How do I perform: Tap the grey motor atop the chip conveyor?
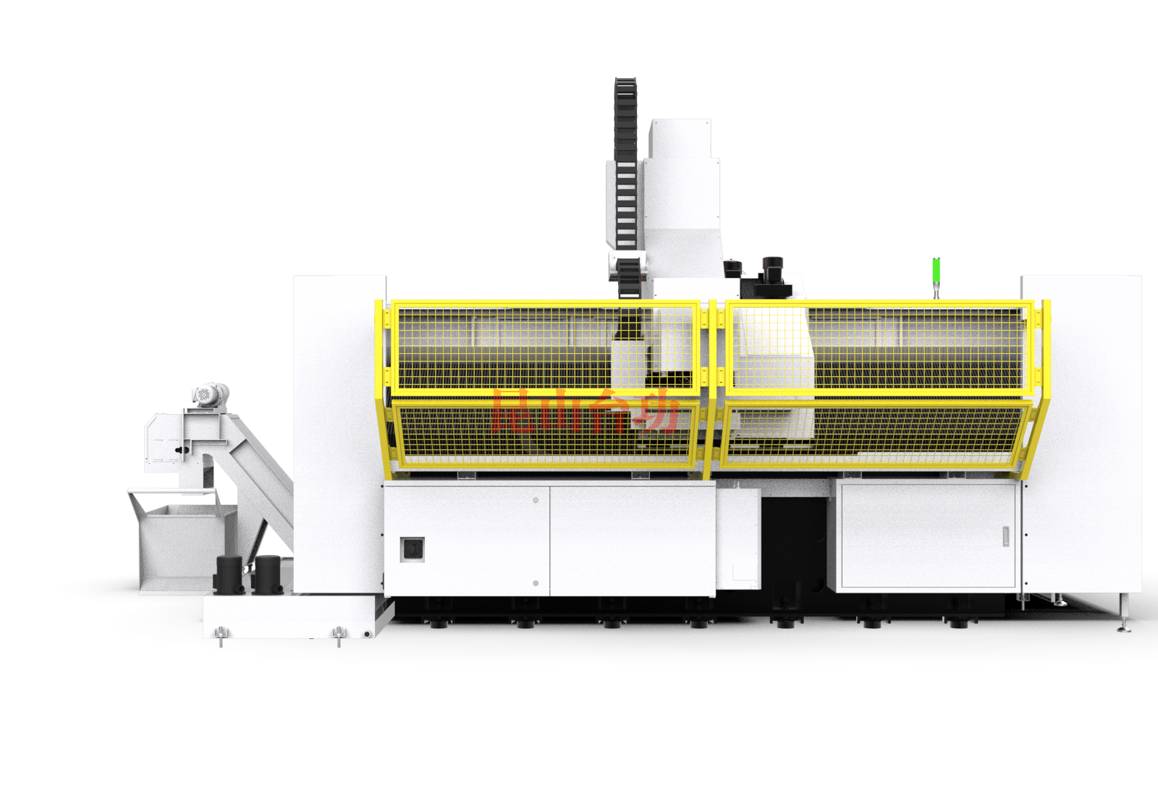pos(211,395)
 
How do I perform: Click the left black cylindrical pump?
pos(229,575)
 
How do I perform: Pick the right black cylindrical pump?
pos(268,575)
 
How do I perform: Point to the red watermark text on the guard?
pos(583,411)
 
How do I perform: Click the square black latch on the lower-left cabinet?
pos(412,549)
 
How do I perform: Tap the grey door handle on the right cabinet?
pos(1006,536)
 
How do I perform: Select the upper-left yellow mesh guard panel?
pos(546,347)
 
